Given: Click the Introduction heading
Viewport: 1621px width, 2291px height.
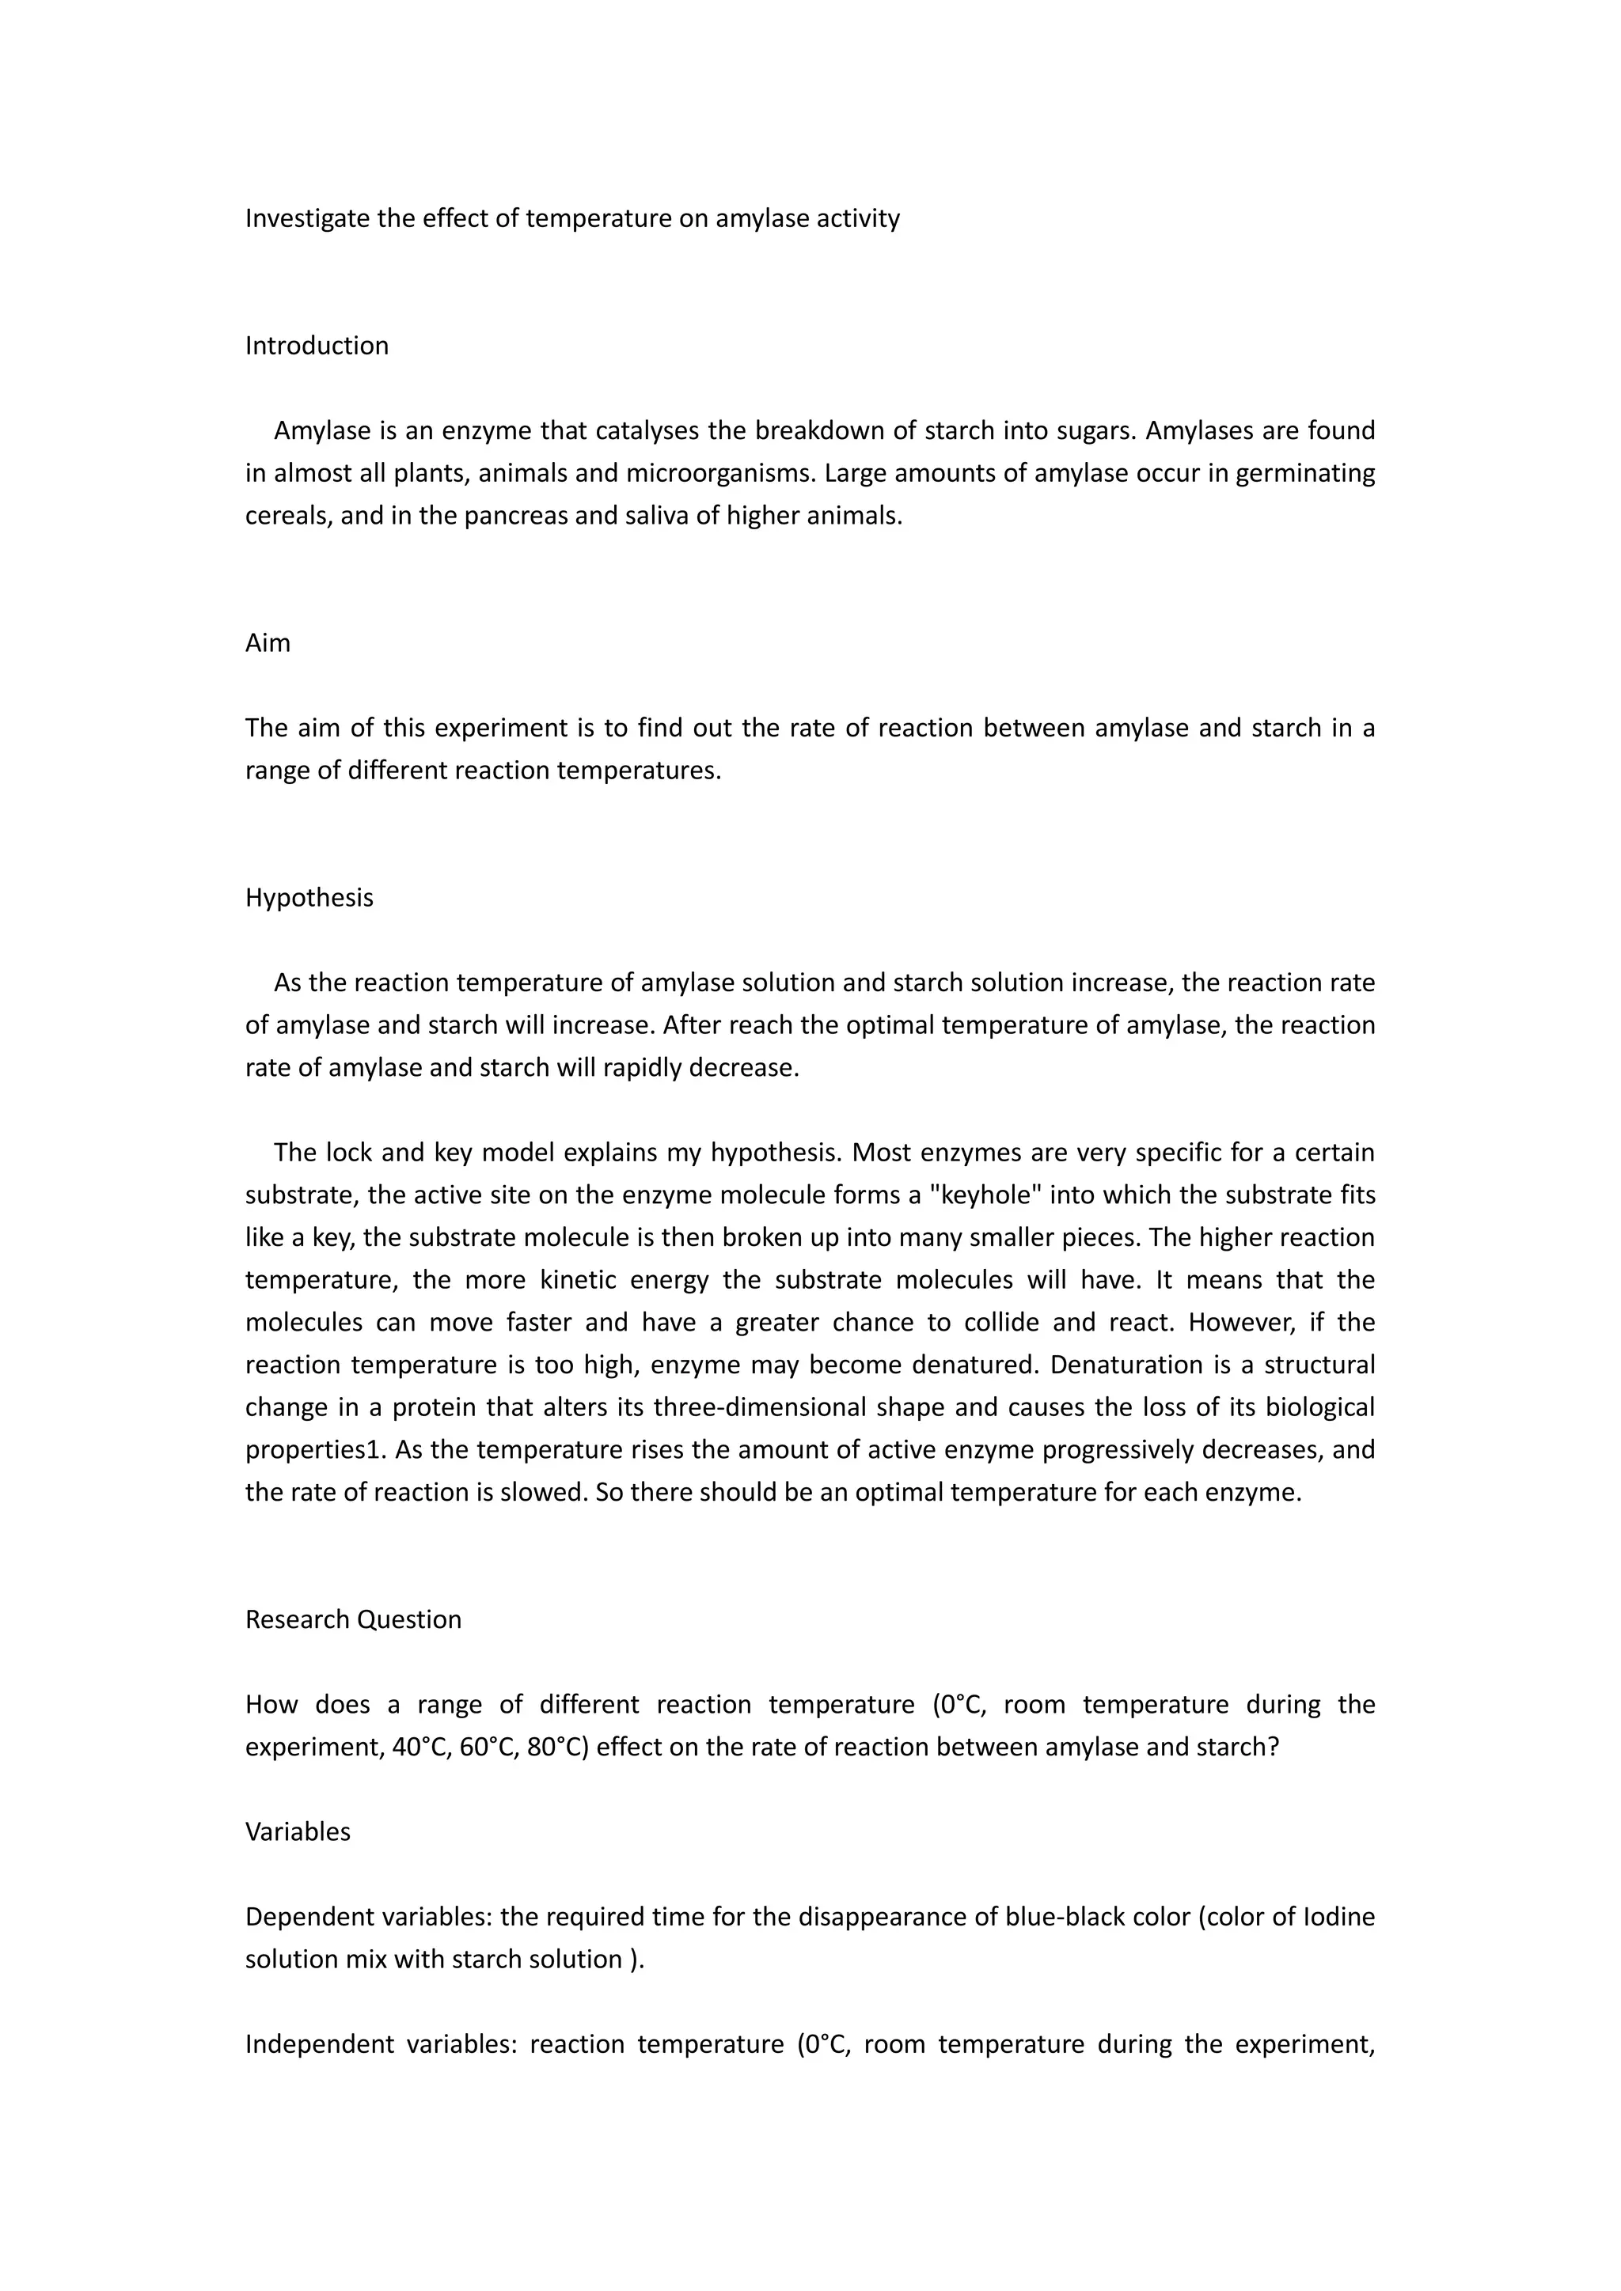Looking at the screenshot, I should (x=317, y=346).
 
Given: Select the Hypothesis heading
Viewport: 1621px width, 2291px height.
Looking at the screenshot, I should (x=309, y=898).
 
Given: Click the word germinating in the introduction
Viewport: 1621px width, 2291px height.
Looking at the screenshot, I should (x=1304, y=473).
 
